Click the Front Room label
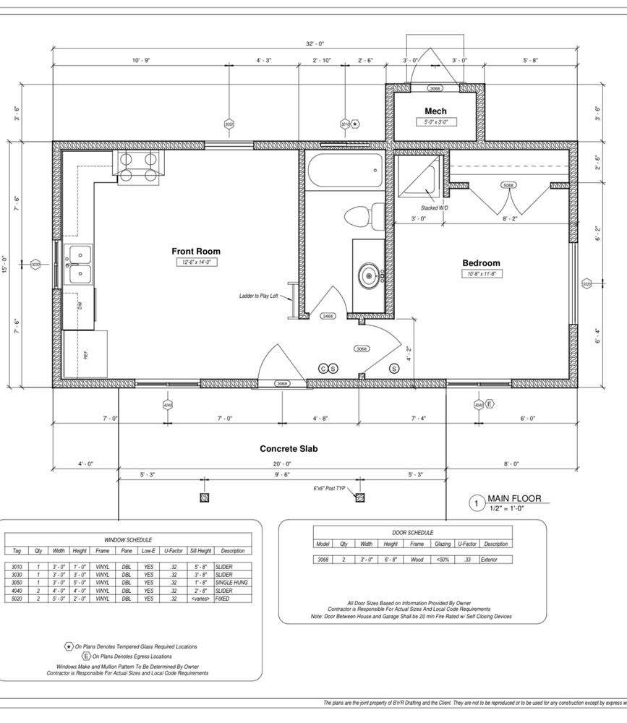point(196,252)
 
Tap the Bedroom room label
point(481,263)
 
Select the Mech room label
point(435,111)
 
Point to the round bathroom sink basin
point(370,275)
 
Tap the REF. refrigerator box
point(85,354)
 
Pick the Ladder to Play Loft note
point(259,296)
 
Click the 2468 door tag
point(328,316)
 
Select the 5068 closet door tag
point(508,185)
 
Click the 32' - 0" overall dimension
point(315,44)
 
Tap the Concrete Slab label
point(289,449)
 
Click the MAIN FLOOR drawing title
point(513,498)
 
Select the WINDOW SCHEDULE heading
point(128,539)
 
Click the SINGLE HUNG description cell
point(231,582)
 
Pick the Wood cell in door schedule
point(417,560)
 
